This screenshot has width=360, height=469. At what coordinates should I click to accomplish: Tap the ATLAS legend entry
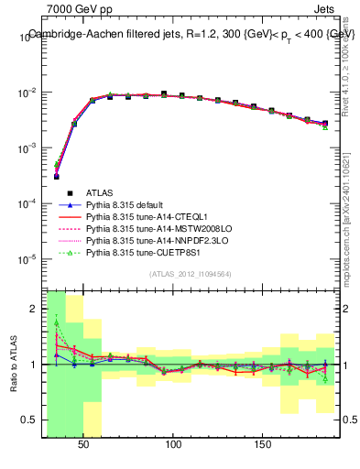pos(100,192)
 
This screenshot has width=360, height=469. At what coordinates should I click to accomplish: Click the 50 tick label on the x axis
pos(83,443)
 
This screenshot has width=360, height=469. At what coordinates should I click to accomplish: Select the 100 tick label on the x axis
pos(173,443)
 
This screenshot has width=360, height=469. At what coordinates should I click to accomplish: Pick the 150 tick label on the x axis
pos(262,443)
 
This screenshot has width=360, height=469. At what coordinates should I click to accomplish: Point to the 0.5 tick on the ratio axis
pos(33,420)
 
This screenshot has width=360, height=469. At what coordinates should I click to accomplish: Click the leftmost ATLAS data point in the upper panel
pos(57,177)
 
